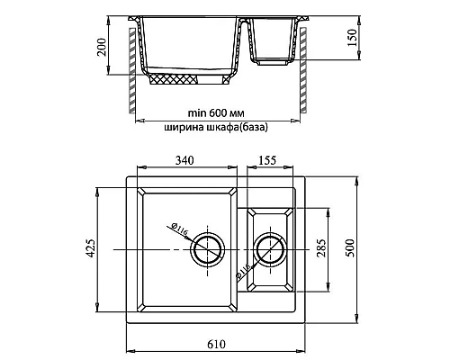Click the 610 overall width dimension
tap(216, 344)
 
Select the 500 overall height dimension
tap(350, 247)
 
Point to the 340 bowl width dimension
tap(184, 160)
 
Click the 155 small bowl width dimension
tap(267, 160)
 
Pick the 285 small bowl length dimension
tap(321, 247)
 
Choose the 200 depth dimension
tap(102, 47)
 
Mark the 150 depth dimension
tap(353, 38)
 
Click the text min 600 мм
tap(216, 113)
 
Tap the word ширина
tap(184, 127)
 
